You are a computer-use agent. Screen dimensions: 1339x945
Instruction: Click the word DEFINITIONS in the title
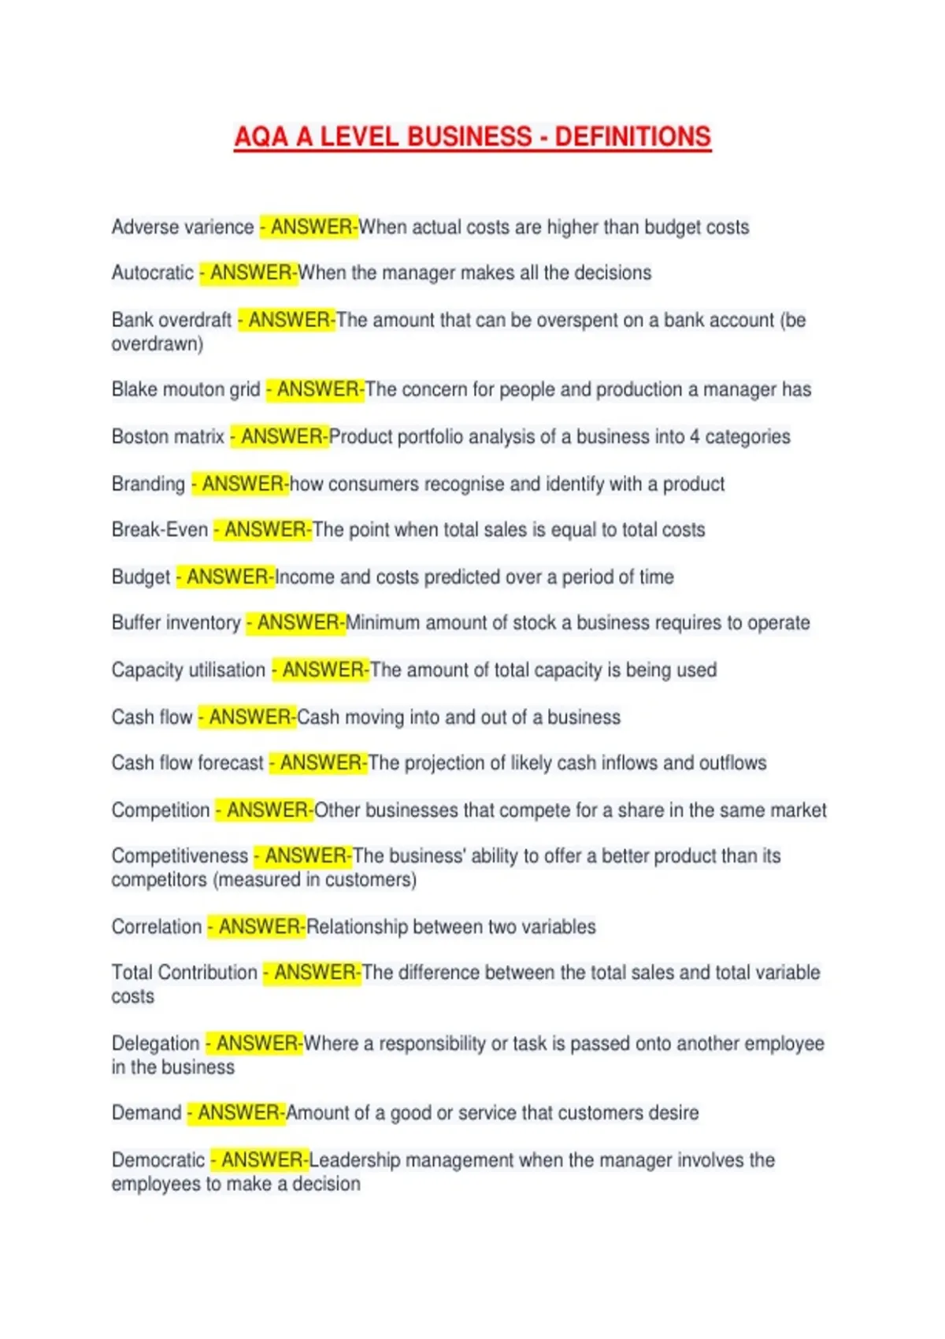click(x=632, y=137)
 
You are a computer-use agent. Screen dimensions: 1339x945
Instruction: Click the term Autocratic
click(x=152, y=273)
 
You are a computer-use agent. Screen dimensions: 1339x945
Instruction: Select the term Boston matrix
click(x=168, y=437)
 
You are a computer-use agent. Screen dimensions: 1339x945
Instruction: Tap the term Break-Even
click(x=160, y=530)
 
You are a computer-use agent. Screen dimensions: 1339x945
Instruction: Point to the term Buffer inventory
click(x=176, y=623)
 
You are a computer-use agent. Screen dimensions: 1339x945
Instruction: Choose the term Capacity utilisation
click(x=188, y=670)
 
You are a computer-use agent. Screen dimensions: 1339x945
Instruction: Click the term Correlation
click(x=157, y=927)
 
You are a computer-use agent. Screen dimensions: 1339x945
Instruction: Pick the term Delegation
click(x=155, y=1044)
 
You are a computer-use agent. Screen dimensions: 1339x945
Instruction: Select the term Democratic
click(x=158, y=1160)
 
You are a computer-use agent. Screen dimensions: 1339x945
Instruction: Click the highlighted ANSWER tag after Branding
click(x=243, y=484)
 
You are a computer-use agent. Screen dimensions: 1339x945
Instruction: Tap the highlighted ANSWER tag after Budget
click(x=227, y=577)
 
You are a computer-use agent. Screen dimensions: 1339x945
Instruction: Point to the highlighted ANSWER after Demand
click(x=238, y=1113)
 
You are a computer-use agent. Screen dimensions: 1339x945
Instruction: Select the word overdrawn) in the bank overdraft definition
click(x=157, y=344)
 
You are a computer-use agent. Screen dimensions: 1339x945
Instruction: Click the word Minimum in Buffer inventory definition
click(x=382, y=623)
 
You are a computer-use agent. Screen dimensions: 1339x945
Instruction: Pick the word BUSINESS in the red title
click(x=469, y=137)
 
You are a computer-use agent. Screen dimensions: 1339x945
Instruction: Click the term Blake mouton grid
click(x=186, y=390)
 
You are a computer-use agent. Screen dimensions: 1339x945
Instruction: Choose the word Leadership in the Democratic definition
click(x=355, y=1160)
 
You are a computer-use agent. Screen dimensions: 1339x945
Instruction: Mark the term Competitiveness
click(x=180, y=856)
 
